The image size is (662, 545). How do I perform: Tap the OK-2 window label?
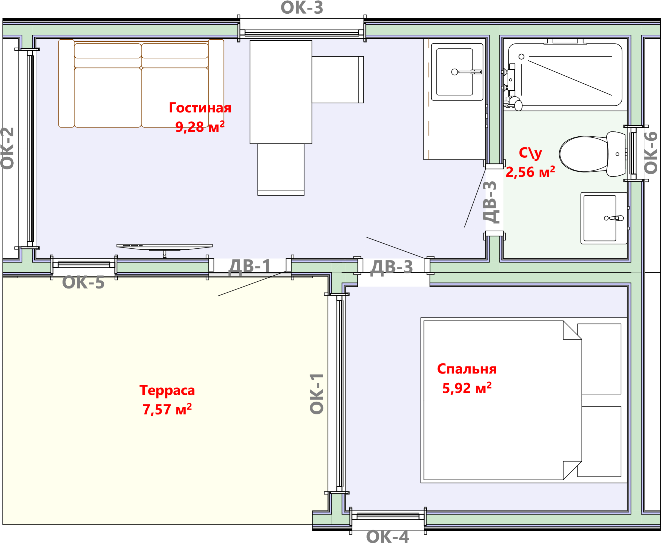click(x=8, y=148)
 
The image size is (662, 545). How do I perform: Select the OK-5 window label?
click(x=83, y=282)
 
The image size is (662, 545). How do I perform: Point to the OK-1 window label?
click(x=317, y=394)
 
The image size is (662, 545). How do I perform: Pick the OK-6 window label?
click(x=651, y=153)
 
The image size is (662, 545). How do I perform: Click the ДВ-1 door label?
click(x=250, y=267)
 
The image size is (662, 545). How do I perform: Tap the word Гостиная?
click(x=200, y=108)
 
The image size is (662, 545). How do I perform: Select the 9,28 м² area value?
click(x=200, y=127)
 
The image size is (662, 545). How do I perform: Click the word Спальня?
click(x=467, y=369)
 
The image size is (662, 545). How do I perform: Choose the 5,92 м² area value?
click(x=467, y=388)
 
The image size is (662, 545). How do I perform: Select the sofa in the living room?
click(x=141, y=83)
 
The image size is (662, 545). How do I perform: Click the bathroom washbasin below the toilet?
click(x=604, y=218)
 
